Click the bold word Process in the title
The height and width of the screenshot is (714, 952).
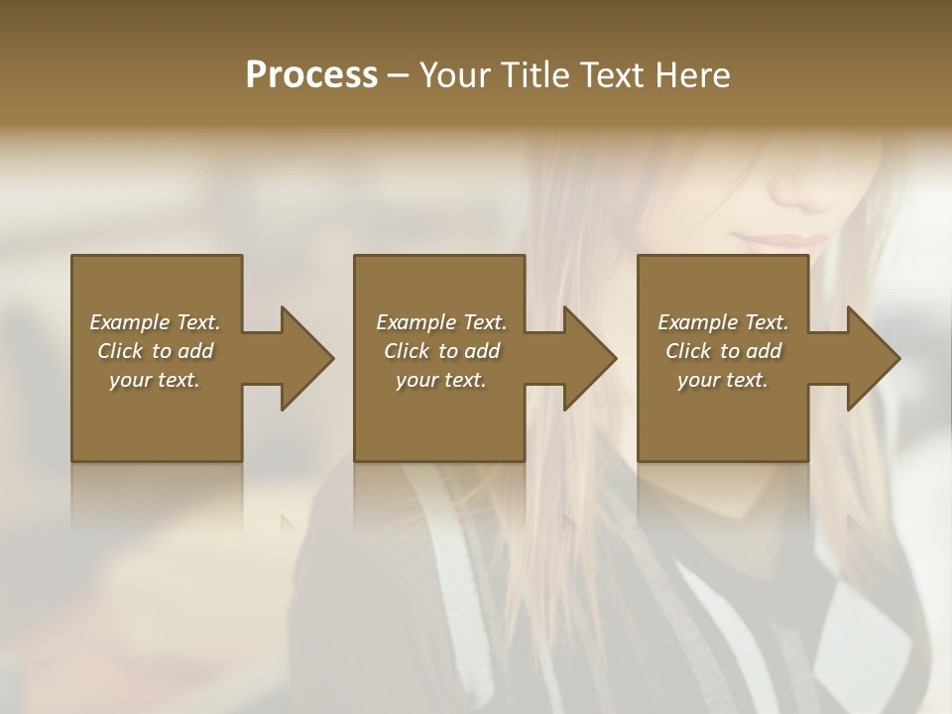[311, 75]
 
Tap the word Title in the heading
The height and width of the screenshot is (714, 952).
[532, 75]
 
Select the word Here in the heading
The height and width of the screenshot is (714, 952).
[690, 75]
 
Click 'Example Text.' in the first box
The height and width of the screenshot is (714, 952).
[155, 322]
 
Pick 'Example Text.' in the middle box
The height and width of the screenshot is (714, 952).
[441, 322]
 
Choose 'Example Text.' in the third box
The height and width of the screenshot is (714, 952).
[723, 322]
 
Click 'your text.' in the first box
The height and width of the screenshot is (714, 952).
[155, 380]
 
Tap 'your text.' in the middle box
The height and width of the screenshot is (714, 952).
[441, 380]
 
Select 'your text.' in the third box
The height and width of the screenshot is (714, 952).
[723, 380]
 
